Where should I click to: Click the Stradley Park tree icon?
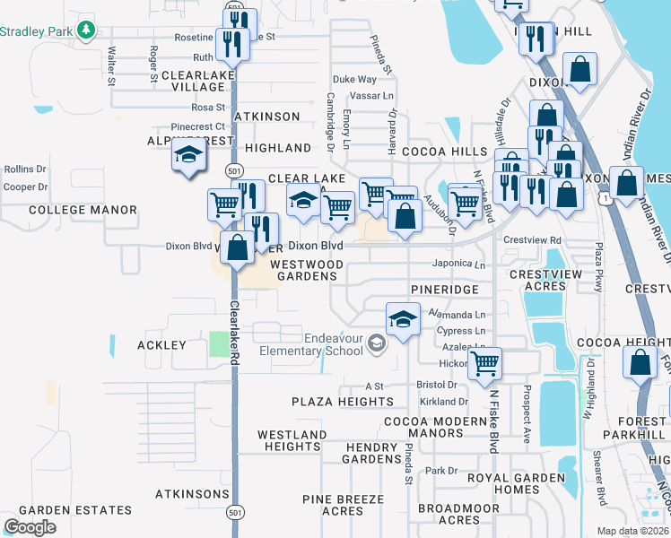click(x=86, y=31)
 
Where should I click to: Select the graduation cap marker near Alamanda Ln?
click(x=403, y=320)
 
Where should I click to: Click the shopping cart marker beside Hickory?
click(x=484, y=363)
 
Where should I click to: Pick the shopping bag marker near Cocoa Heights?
click(x=640, y=363)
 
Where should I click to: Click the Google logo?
click(x=30, y=527)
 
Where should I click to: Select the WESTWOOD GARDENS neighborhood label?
click(x=307, y=270)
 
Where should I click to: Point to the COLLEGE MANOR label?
click(x=83, y=210)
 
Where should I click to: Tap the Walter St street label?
click(x=112, y=66)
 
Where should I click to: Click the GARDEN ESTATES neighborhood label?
click(x=67, y=510)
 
